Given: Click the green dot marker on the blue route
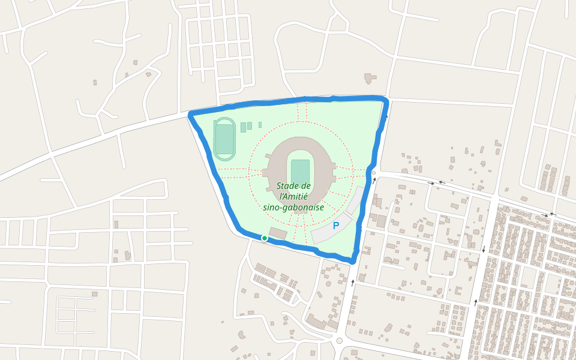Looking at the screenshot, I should point(264,238).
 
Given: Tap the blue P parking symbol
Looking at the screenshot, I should point(336,226).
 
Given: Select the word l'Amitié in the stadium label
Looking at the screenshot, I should point(293,196).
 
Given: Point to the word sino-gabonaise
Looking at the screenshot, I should point(293,207).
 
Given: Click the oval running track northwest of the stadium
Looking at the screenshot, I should point(224,139).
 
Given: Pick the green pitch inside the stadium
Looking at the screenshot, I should point(300,171).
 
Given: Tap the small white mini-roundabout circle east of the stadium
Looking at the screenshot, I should point(374,173).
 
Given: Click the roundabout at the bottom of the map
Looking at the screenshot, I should point(339,341).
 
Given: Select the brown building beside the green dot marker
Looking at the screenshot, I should point(278,233).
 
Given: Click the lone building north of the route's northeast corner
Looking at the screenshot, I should point(370,78).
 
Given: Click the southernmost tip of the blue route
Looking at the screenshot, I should point(353,260).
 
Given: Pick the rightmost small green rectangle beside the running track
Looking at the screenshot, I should point(260,125).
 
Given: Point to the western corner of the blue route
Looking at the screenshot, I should point(191,113).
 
